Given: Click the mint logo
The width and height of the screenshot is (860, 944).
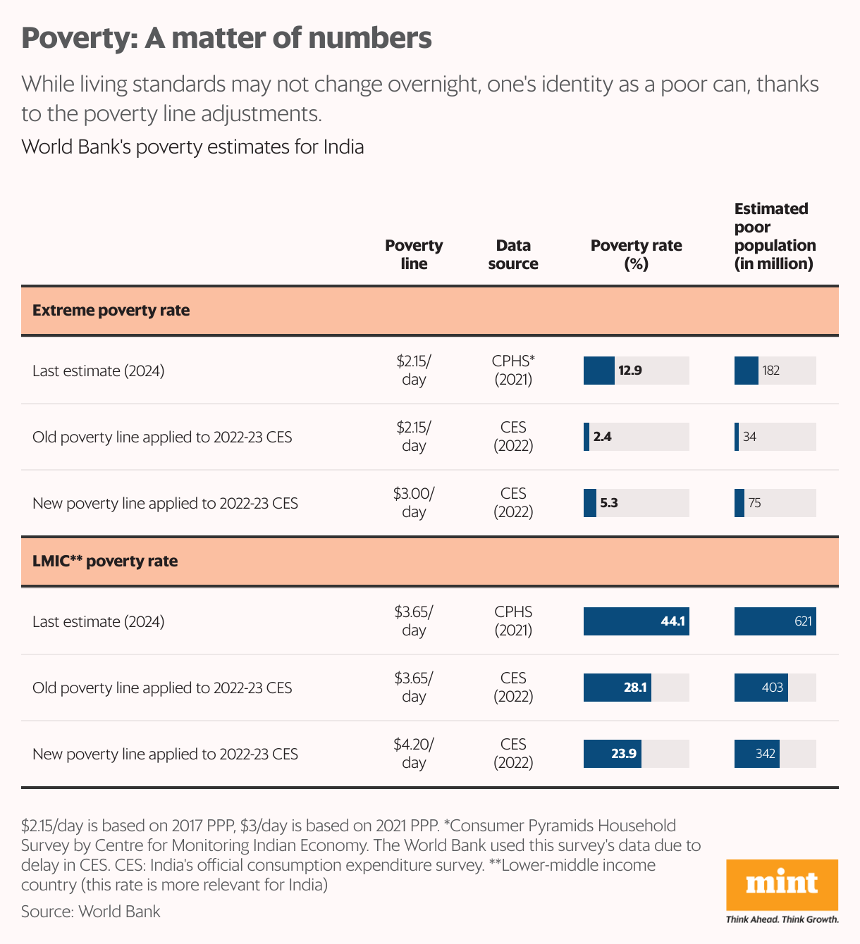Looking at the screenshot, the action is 782,886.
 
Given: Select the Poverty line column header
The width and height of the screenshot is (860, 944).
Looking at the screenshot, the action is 414,254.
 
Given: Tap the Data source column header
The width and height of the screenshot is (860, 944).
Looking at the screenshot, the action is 513,254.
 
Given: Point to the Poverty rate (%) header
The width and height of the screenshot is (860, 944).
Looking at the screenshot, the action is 637,254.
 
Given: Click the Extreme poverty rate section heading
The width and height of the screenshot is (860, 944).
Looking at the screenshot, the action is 111,310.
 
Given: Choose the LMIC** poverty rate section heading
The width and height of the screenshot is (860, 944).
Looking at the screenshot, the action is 105,561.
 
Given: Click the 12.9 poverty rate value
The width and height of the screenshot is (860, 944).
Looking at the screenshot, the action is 630,371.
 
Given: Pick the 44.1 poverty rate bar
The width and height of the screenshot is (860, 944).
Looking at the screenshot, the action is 637,621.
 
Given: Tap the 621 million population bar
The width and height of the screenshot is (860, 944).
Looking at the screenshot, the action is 775,621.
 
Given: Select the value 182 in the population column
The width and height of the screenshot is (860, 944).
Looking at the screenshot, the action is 771,371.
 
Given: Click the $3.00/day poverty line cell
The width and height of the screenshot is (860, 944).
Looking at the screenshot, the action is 414,502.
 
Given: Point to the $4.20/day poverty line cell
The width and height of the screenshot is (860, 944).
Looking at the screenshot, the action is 414,753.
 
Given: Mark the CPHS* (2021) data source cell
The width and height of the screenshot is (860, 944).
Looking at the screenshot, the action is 513,371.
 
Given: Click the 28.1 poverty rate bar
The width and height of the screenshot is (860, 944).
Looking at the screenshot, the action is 618,688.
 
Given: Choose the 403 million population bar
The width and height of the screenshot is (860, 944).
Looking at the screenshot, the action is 761,688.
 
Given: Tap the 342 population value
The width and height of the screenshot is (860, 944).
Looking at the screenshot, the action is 766,753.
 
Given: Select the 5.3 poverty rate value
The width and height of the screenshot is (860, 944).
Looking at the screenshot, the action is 609,502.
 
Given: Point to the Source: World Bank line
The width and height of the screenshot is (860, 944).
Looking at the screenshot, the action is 91,912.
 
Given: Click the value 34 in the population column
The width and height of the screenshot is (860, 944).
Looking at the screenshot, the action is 750,437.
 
